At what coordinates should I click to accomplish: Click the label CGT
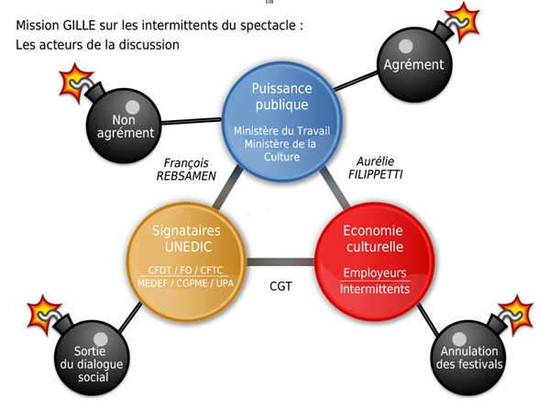point(280,285)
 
